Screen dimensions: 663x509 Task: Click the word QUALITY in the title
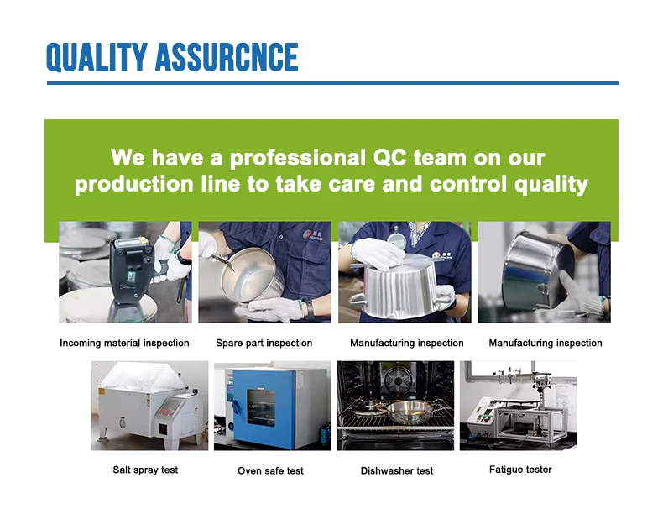(97, 57)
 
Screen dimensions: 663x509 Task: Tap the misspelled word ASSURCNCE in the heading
(227, 57)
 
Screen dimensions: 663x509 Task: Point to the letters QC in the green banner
(389, 157)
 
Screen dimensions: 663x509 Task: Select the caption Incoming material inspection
(124, 343)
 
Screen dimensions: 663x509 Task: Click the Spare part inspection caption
(264, 343)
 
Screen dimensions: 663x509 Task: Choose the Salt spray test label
(145, 470)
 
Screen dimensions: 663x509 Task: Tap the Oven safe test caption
(270, 471)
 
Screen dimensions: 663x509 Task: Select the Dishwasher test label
(397, 471)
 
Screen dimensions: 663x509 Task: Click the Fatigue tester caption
(520, 470)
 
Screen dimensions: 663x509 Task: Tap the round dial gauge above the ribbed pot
(397, 239)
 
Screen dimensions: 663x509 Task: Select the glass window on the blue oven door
(261, 407)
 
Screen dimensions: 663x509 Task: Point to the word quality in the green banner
(551, 185)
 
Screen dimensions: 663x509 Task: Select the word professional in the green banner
(298, 158)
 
